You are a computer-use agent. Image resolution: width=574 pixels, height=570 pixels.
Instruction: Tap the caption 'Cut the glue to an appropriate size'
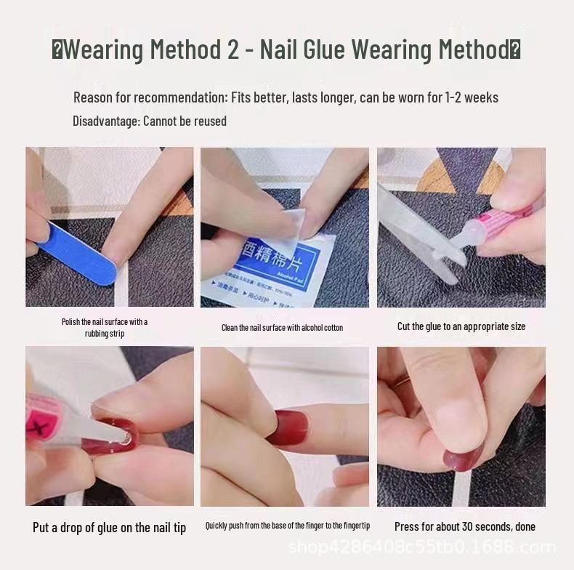[x=461, y=326]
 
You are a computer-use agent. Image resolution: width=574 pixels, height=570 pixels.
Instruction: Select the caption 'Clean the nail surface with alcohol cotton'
[x=282, y=328]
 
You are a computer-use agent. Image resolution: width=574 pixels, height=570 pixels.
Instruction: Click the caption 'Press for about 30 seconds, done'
[x=464, y=526]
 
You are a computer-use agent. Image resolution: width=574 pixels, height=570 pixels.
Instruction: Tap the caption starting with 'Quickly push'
[x=287, y=526]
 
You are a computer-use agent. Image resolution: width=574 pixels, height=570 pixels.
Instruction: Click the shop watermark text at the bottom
[x=421, y=547]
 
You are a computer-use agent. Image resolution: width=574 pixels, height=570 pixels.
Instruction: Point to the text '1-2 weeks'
[x=472, y=97]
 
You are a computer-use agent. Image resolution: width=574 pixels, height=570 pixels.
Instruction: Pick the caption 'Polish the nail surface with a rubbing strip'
[x=105, y=328]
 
